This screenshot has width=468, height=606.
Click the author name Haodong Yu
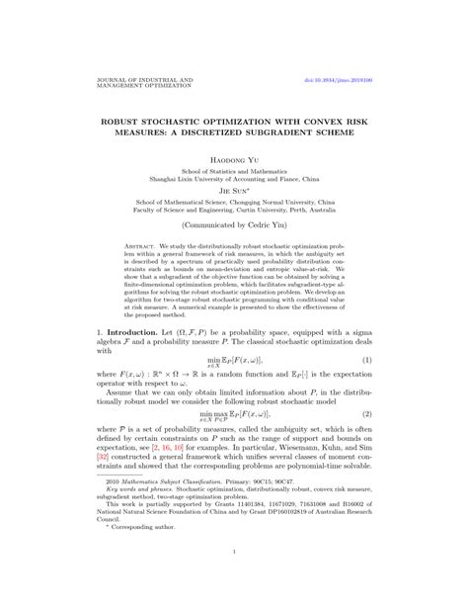click(234, 158)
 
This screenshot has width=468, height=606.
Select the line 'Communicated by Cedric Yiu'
click(234, 224)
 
